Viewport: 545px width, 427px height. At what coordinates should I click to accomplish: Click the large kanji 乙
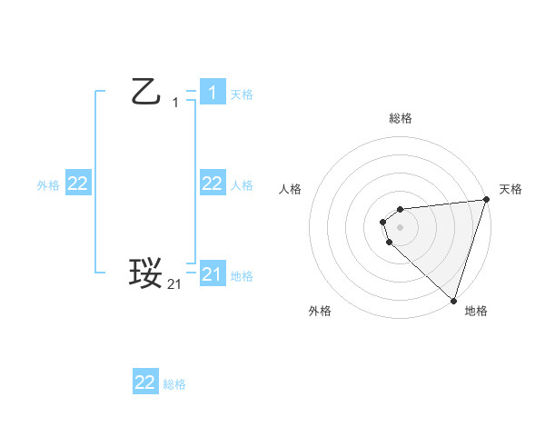[145, 92]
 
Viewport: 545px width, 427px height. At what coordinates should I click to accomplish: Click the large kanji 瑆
[145, 273]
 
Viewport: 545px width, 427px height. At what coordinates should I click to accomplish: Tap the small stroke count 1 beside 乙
[175, 103]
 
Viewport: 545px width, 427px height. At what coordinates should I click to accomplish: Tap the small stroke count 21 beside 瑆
[174, 284]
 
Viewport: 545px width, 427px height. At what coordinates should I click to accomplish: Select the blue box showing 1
[212, 92]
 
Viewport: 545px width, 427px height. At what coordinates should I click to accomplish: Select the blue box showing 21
[212, 273]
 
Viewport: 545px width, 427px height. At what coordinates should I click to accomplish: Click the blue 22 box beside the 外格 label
[77, 184]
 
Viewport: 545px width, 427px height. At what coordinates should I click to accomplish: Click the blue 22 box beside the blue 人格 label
[212, 184]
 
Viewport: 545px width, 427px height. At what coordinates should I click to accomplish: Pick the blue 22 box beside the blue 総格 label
[145, 382]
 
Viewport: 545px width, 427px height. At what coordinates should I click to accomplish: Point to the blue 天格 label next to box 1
[242, 94]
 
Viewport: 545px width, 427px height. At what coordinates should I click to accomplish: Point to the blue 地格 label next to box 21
[242, 276]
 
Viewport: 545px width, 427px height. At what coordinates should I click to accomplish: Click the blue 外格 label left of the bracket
[48, 185]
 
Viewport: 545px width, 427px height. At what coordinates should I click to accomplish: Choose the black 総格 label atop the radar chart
[401, 119]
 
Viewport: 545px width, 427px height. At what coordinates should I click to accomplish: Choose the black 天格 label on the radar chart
[510, 189]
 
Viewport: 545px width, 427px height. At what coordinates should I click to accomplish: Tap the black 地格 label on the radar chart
[476, 312]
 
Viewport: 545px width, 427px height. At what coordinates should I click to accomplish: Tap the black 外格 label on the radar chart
[320, 312]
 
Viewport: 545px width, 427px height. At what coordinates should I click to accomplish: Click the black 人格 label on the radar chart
[291, 189]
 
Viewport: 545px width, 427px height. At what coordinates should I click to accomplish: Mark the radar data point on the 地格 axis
[453, 300]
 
